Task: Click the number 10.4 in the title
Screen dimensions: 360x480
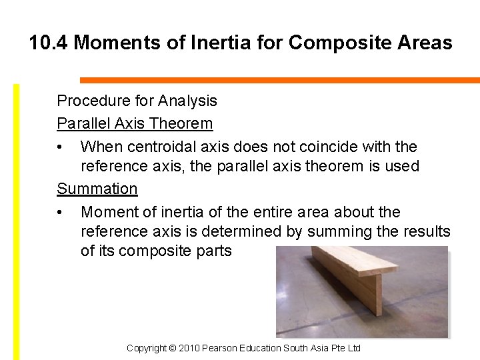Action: coord(49,43)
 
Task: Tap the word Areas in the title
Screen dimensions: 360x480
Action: coord(423,43)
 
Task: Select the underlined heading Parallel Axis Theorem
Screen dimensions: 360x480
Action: coord(135,123)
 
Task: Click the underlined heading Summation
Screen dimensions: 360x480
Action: coord(97,189)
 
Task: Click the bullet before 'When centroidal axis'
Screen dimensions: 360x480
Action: coord(61,147)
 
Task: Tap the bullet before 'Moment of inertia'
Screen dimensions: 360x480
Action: coord(61,213)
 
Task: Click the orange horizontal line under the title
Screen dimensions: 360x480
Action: coord(280,80)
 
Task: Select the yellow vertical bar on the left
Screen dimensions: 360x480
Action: coord(17,220)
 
